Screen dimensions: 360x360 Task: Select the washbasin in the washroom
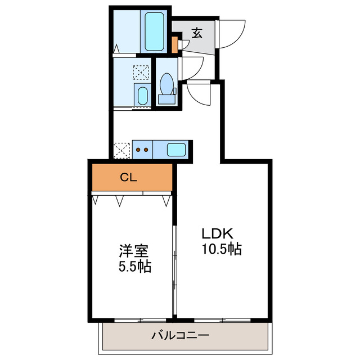pyautogui.click(x=143, y=96)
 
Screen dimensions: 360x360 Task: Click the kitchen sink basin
pyautogui.click(x=176, y=150)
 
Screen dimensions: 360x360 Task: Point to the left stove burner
pyautogui.click(x=138, y=150)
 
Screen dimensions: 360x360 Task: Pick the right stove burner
pyautogui.click(x=146, y=150)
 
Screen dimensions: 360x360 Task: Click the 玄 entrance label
pyautogui.click(x=196, y=33)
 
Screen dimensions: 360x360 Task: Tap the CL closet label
pyautogui.click(x=129, y=178)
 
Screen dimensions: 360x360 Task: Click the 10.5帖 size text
pyautogui.click(x=222, y=249)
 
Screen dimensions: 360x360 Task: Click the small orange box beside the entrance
pyautogui.click(x=174, y=44)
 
